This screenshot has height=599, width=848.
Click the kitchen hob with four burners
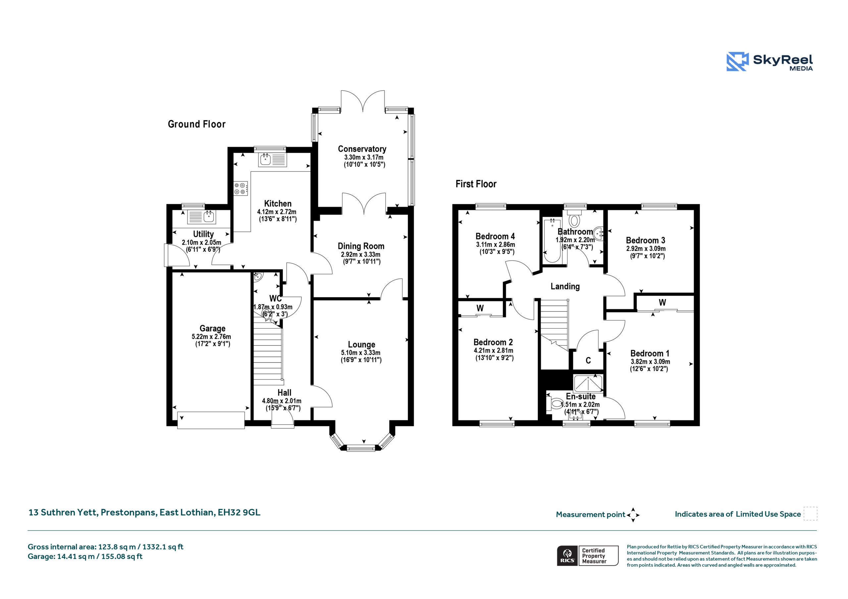(240, 188)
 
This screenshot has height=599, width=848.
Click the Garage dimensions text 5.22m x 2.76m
(211, 337)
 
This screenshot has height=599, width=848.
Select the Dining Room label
(361, 246)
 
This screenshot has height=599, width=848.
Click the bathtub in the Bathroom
(552, 240)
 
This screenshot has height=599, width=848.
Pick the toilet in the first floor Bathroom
(574, 218)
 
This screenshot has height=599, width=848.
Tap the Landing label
(565, 286)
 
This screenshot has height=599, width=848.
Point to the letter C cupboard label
(588, 360)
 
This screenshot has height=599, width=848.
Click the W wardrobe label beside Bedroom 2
(480, 308)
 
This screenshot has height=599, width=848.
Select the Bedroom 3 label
(646, 240)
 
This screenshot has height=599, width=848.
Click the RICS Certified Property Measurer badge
(588, 555)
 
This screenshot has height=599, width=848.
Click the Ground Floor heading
(196, 124)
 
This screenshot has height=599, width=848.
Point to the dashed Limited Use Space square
(810, 513)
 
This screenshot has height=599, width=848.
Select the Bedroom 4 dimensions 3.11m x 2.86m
(495, 244)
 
